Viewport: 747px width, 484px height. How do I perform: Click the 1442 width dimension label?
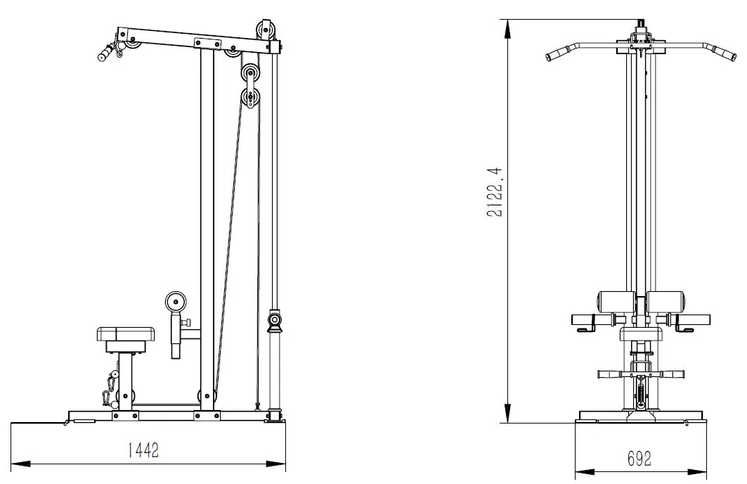click(143, 450)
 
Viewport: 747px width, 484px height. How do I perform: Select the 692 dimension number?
click(639, 459)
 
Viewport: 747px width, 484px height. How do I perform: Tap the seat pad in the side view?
click(126, 333)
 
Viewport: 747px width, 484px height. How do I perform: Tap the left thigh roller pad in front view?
click(616, 302)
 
